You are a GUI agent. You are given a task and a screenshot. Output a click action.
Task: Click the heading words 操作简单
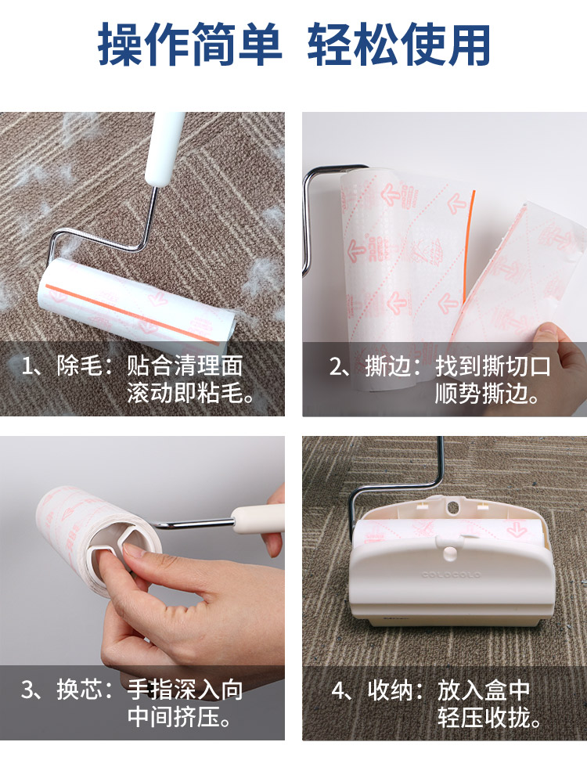(189, 45)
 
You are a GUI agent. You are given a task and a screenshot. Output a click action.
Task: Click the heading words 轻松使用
(399, 45)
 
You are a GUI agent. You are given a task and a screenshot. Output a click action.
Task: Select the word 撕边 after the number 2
(387, 366)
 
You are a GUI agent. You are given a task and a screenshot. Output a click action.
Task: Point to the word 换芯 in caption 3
(80, 690)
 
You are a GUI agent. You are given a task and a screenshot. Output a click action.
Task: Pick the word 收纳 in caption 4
(390, 690)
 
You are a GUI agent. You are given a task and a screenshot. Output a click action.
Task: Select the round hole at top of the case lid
(452, 508)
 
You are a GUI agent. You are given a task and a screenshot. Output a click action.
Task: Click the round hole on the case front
(451, 553)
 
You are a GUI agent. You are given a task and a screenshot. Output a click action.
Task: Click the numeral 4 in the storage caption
(338, 690)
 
